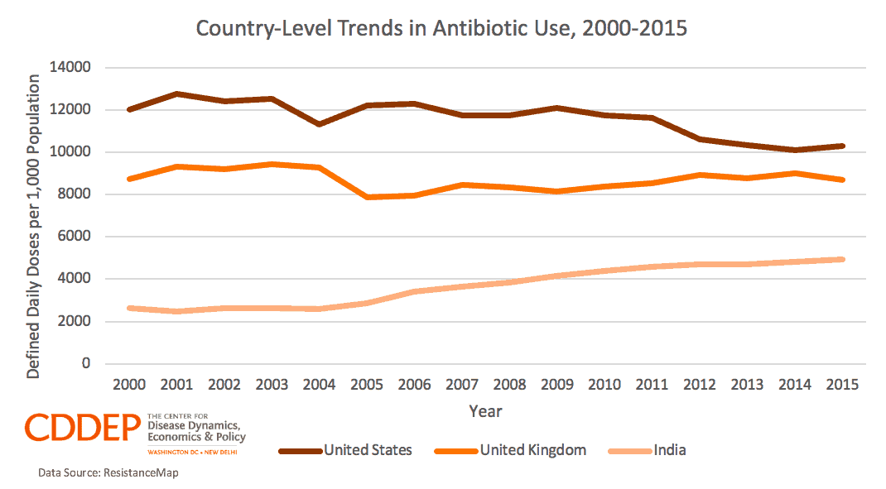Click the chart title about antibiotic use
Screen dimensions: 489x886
pos(441,28)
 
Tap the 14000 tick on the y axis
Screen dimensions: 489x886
pos(72,68)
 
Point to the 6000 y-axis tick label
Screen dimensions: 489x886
pos(75,237)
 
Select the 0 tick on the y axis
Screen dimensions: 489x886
pos(86,364)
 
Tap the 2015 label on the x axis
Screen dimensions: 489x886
pos(841,386)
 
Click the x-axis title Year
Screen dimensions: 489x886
pos(485,411)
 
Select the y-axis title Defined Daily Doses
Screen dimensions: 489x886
pos(33,226)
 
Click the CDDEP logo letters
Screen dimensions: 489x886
pos(83,428)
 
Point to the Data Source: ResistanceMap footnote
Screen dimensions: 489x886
pos(108,473)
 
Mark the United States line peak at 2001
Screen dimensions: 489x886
pos(177,94)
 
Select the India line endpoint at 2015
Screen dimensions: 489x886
pos(842,259)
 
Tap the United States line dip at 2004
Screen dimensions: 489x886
pos(320,124)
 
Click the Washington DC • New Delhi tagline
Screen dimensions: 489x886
pos(196,452)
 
